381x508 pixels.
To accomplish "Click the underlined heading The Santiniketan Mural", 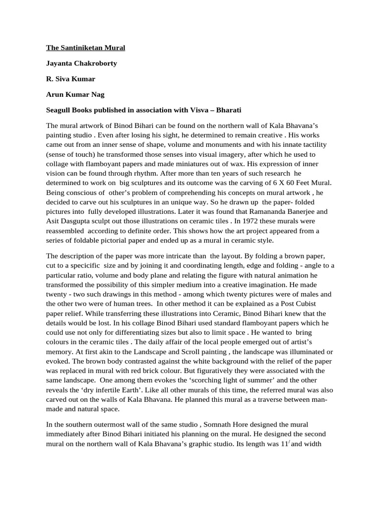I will (x=85, y=48).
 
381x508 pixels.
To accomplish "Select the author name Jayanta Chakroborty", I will (x=81, y=63).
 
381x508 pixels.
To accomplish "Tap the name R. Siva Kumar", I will (x=71, y=79).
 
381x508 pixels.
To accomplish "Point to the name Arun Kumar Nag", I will (x=75, y=94).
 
